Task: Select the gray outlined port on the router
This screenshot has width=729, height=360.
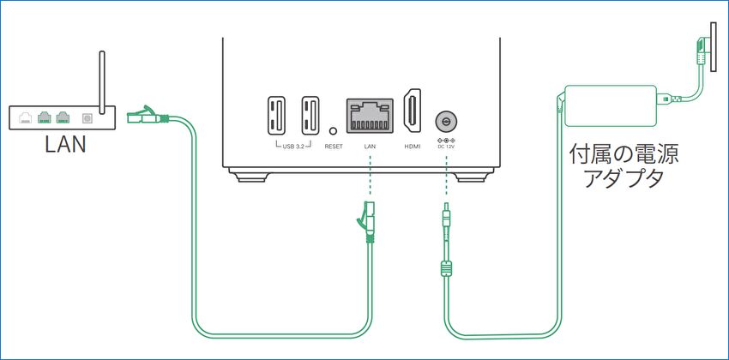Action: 26,118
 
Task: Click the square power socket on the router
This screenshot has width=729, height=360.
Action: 86,119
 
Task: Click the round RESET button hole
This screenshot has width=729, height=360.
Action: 334,129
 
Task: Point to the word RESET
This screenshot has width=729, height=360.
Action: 334,147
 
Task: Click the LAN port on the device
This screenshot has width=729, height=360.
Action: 371,115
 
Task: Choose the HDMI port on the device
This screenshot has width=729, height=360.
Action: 413,112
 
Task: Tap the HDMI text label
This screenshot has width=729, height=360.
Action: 413,147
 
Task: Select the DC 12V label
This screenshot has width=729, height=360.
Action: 446,147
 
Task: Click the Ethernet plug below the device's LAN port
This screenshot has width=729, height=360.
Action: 367,220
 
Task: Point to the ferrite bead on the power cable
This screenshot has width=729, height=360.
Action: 446,268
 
